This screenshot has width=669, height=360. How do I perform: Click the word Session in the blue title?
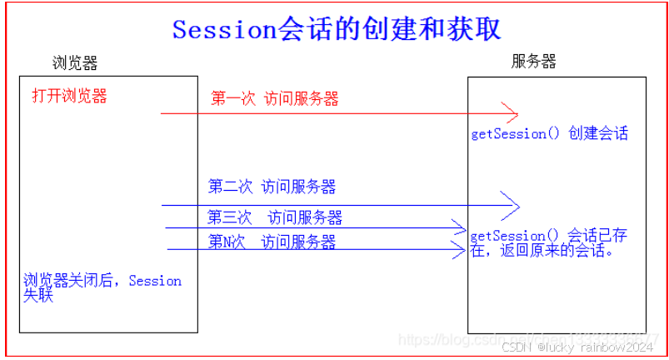223,29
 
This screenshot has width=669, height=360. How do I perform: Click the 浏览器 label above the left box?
74,63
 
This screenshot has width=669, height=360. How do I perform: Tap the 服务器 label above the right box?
533,62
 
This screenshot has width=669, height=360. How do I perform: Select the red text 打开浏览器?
70,96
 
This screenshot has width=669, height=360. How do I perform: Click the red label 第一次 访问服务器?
275,99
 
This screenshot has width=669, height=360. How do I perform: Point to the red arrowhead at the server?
512,113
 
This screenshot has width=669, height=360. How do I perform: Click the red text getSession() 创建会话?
549,133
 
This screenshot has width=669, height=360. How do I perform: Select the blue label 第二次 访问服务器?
272,187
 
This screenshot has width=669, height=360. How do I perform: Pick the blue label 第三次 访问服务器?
275,217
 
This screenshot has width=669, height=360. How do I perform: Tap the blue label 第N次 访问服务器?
272,242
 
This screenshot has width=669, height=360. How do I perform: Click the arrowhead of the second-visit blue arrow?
512,205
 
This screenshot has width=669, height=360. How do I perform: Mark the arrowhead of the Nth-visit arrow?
457,249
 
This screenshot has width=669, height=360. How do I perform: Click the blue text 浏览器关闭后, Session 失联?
102,287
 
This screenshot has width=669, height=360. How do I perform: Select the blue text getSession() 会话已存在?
548,236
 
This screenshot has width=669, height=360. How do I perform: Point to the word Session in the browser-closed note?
155,281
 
